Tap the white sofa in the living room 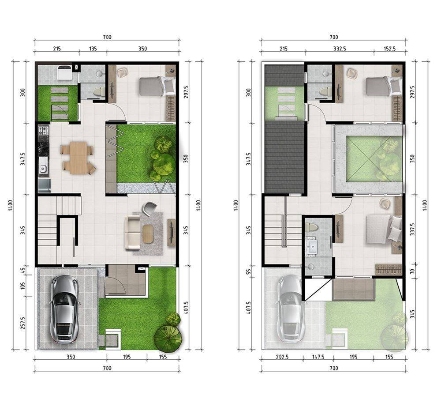point(132,233)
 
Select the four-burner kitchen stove point(43,130)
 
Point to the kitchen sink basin point(43,169)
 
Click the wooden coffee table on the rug point(148,233)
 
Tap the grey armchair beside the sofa point(149,208)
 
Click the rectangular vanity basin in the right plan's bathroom point(312,247)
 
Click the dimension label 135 point(93,49)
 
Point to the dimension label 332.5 point(340,49)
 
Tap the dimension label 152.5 point(389,49)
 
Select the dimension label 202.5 point(282,357)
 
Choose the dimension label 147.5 point(318,357)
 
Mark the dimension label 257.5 point(23,323)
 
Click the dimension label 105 point(23,285)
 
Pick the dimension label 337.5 point(412,230)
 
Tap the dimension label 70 point(412,271)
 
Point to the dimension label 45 point(23,270)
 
